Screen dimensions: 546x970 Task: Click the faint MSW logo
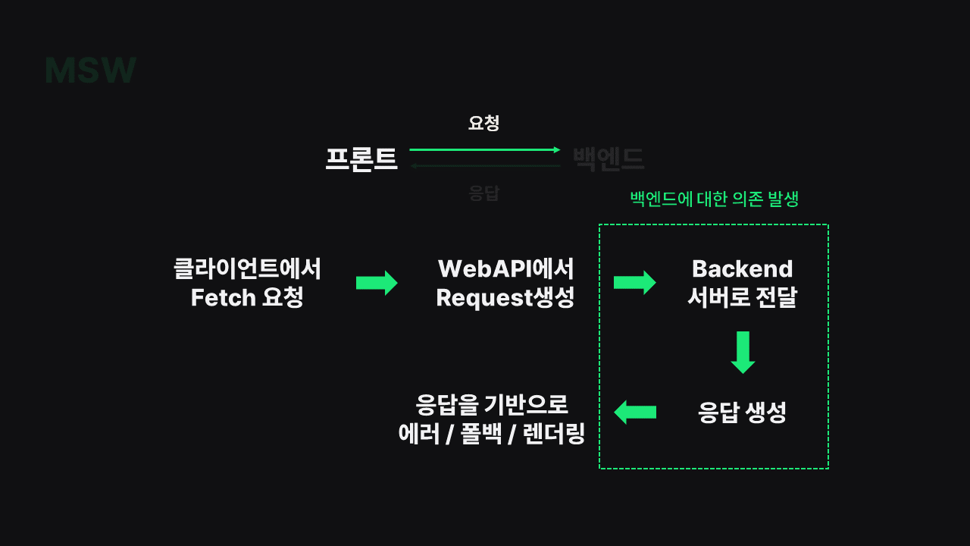tap(90, 71)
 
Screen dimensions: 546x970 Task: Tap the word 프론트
tap(361, 158)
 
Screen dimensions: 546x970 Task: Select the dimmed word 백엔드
tap(608, 158)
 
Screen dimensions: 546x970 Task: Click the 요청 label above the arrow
tap(483, 123)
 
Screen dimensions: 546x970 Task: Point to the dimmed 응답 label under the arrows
tap(483, 193)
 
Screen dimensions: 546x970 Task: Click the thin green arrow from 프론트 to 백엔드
tap(485, 150)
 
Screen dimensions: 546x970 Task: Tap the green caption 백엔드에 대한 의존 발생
tap(714, 199)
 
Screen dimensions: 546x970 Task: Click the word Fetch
tap(224, 298)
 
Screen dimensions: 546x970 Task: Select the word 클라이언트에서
tap(247, 269)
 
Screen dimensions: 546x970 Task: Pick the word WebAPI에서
tap(505, 269)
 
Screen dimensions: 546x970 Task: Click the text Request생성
tap(505, 298)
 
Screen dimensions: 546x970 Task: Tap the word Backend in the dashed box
tap(742, 269)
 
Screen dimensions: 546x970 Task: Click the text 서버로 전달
tap(742, 298)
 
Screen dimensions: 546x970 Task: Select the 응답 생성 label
tap(742, 413)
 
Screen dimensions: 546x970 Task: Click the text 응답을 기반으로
tap(492, 404)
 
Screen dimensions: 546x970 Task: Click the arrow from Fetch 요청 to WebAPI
tap(377, 283)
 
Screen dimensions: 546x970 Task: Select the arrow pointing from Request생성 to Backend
tap(634, 283)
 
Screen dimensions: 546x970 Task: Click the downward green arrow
tap(743, 352)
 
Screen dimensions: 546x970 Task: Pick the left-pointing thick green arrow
tap(634, 413)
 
